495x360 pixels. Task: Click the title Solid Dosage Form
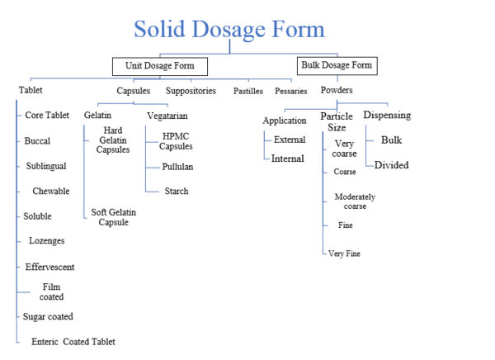point(229,30)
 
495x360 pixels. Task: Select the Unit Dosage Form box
point(159,65)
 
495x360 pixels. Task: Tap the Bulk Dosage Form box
point(337,64)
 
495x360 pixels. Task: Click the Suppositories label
point(191,90)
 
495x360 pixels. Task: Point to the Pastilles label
point(247,91)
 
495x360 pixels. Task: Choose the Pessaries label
point(291,91)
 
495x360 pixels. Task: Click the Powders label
point(338,90)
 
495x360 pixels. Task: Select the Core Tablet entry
point(47,115)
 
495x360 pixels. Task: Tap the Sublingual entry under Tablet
point(45,166)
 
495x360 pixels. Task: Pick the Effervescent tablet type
point(49,267)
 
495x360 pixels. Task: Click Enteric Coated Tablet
point(73,342)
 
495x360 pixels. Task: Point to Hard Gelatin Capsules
point(113,140)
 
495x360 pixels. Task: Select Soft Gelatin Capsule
point(114,217)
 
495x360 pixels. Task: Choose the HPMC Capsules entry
point(177,140)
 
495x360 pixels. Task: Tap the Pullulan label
point(178,166)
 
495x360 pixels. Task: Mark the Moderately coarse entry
point(356,201)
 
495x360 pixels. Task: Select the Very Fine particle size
point(344,253)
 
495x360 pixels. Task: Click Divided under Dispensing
point(391,165)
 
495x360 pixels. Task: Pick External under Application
point(290,140)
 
